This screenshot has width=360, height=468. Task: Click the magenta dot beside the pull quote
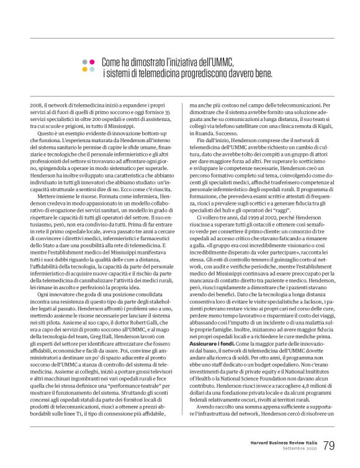click(91, 63)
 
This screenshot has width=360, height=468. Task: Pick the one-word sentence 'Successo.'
click(217, 140)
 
